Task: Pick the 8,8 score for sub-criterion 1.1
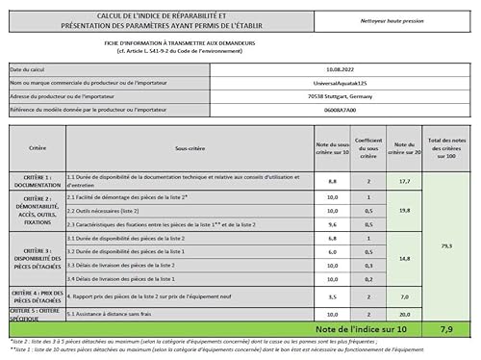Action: click(x=332, y=180)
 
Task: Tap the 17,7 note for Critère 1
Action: click(x=404, y=180)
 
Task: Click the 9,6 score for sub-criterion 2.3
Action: click(x=332, y=222)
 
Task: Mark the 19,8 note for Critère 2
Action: click(x=404, y=209)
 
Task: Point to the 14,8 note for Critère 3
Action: click(x=404, y=257)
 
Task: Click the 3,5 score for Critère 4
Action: click(x=332, y=297)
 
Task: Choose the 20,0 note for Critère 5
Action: click(x=404, y=314)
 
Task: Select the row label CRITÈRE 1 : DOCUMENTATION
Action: click(x=37, y=180)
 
